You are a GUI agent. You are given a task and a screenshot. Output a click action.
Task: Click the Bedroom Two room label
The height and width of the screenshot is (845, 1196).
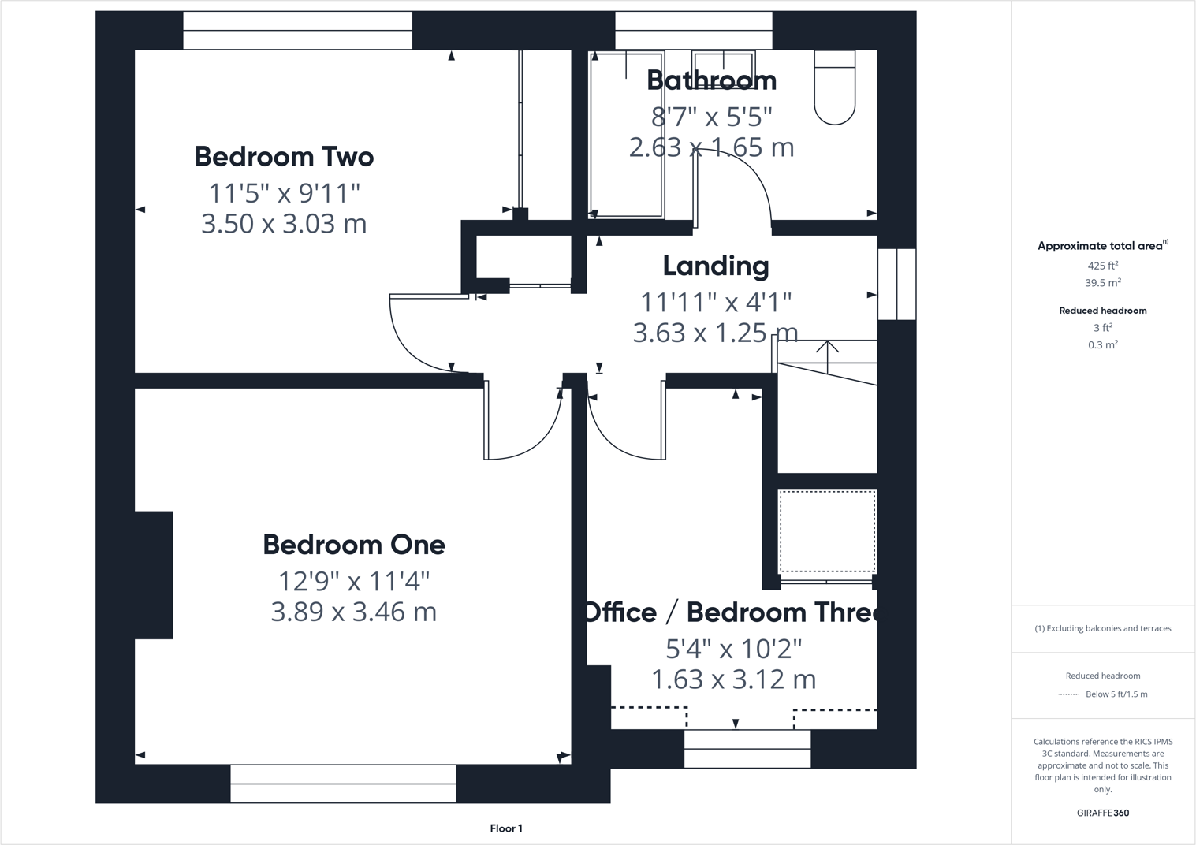pyautogui.click(x=284, y=157)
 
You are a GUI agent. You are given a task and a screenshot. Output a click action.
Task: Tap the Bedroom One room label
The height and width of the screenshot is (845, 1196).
pyautogui.click(x=353, y=545)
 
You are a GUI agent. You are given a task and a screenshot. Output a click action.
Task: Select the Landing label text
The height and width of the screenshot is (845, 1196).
pyautogui.click(x=715, y=266)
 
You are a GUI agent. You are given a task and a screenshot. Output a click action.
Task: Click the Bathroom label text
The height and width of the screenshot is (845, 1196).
pyautogui.click(x=711, y=80)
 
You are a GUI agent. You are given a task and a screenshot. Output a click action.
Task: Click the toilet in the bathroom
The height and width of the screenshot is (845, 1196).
pyautogui.click(x=834, y=88)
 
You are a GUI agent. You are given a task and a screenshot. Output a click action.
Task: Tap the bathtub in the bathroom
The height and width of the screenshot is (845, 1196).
pyautogui.click(x=628, y=134)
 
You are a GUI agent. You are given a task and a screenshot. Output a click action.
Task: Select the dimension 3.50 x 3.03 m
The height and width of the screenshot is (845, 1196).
pyautogui.click(x=284, y=224)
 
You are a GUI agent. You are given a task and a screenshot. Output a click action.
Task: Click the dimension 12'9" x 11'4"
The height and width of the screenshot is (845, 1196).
pyautogui.click(x=353, y=582)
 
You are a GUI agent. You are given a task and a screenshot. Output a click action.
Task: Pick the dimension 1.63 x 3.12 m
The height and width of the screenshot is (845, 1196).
pyautogui.click(x=733, y=679)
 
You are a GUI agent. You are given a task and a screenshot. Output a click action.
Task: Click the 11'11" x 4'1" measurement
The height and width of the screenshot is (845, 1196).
pyautogui.click(x=715, y=302)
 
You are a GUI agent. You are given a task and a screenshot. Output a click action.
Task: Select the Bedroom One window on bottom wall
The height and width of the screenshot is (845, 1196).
pyautogui.click(x=343, y=784)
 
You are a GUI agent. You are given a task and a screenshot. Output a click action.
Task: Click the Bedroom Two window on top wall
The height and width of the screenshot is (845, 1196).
pyautogui.click(x=297, y=31)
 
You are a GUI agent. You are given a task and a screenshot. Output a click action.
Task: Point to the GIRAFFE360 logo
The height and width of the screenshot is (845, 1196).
pyautogui.click(x=1102, y=813)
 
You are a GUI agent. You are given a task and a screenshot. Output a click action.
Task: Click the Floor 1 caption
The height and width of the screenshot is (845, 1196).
pyautogui.click(x=505, y=828)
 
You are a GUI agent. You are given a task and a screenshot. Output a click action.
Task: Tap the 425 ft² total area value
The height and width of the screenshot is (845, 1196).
pyautogui.click(x=1102, y=266)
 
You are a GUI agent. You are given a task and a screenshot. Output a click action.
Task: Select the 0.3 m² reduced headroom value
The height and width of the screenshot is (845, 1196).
pyautogui.click(x=1102, y=345)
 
